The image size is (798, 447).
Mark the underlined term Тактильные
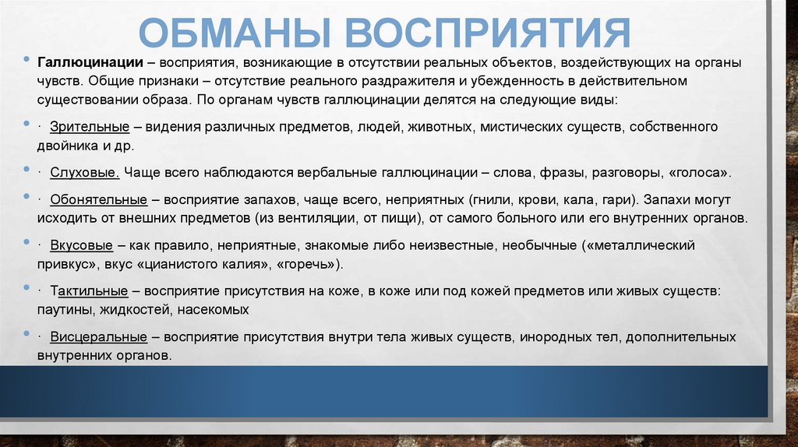coord(89,290)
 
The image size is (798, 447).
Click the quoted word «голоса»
coord(705,172)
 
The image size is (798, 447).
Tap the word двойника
coord(68,146)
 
